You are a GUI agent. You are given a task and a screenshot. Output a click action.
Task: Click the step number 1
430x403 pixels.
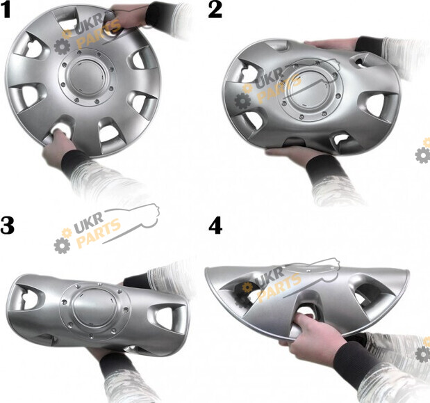click(x=6, y=10)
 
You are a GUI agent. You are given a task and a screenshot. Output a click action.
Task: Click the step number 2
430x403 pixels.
click(x=215, y=10)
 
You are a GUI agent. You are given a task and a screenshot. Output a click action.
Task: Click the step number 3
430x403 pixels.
click(x=7, y=226)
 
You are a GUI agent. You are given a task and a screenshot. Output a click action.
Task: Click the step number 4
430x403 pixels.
click(x=215, y=226)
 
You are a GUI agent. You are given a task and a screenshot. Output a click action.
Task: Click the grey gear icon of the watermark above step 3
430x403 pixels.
click(x=62, y=245)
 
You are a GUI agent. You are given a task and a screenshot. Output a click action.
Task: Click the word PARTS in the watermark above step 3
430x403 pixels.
click(x=98, y=233)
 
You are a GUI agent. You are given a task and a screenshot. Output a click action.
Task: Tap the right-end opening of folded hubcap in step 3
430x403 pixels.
click(x=166, y=318)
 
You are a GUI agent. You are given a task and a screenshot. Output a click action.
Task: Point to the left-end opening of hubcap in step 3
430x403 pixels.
click(x=26, y=298)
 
